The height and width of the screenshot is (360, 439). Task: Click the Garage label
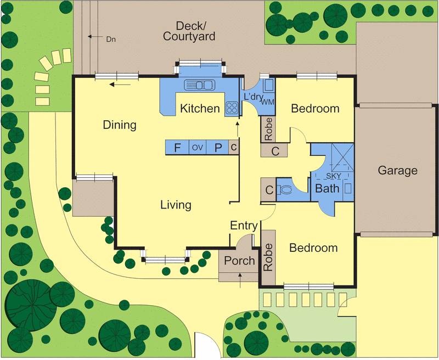click(x=397, y=171)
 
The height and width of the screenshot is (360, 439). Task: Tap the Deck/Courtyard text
click(x=189, y=31)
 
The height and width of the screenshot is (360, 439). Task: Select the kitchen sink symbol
click(x=199, y=85)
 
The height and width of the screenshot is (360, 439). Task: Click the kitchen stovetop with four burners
click(x=232, y=108)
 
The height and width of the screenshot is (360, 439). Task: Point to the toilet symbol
click(x=284, y=189)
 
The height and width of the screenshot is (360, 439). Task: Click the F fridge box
click(x=177, y=147)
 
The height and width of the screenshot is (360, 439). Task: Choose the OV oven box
click(x=198, y=147)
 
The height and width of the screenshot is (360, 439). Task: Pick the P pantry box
click(x=217, y=147)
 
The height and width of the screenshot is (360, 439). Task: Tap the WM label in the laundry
click(x=267, y=102)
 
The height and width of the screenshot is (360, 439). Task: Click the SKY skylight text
click(x=334, y=176)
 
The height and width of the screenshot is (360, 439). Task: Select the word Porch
click(x=239, y=261)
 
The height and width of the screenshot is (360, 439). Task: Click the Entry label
click(x=244, y=226)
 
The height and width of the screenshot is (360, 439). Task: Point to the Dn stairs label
click(x=111, y=39)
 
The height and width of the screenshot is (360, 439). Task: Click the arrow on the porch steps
click(x=240, y=280)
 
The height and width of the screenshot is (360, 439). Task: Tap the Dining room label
click(x=120, y=125)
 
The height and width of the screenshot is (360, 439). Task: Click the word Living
click(x=176, y=205)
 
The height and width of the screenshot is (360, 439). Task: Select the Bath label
click(x=327, y=188)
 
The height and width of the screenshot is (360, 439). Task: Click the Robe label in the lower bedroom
click(x=268, y=257)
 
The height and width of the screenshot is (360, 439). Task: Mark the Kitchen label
click(x=200, y=109)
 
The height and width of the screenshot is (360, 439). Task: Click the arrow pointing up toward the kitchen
click(x=238, y=129)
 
